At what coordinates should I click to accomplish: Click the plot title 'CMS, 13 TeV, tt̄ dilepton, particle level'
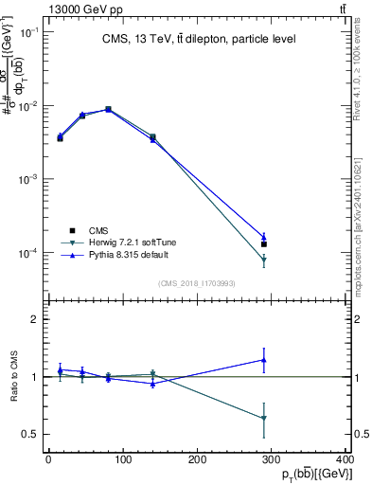click(x=200, y=39)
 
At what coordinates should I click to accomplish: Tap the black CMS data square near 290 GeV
click(x=264, y=244)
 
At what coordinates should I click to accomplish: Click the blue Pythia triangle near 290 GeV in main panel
click(x=264, y=237)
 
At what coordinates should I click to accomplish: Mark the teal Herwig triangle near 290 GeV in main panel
click(x=264, y=260)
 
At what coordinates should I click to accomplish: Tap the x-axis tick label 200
click(x=197, y=459)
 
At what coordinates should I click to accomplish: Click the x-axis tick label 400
click(x=345, y=459)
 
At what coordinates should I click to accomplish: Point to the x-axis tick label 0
click(x=48, y=459)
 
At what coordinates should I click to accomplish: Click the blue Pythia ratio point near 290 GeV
click(x=264, y=360)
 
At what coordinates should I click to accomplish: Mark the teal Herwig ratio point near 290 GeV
click(x=264, y=418)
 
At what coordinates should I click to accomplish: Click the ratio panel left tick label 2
click(x=35, y=319)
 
